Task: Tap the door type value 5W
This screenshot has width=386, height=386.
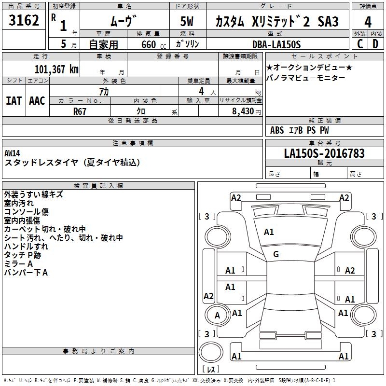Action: (x=188, y=22)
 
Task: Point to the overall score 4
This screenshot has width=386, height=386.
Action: (x=368, y=22)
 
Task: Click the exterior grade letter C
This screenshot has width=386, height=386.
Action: (x=360, y=44)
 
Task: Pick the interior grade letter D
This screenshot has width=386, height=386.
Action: (x=375, y=44)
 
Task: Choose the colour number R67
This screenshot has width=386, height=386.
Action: (x=80, y=111)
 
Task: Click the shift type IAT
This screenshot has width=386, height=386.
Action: (x=14, y=100)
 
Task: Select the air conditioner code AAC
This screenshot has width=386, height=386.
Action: (x=37, y=100)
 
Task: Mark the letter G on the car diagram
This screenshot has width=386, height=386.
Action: (x=276, y=254)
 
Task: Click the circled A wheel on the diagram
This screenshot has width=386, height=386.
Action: (x=217, y=316)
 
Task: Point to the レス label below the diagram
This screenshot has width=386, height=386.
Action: (x=211, y=370)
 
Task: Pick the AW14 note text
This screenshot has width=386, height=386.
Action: (x=13, y=153)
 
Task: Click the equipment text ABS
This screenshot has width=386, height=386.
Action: (x=277, y=130)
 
